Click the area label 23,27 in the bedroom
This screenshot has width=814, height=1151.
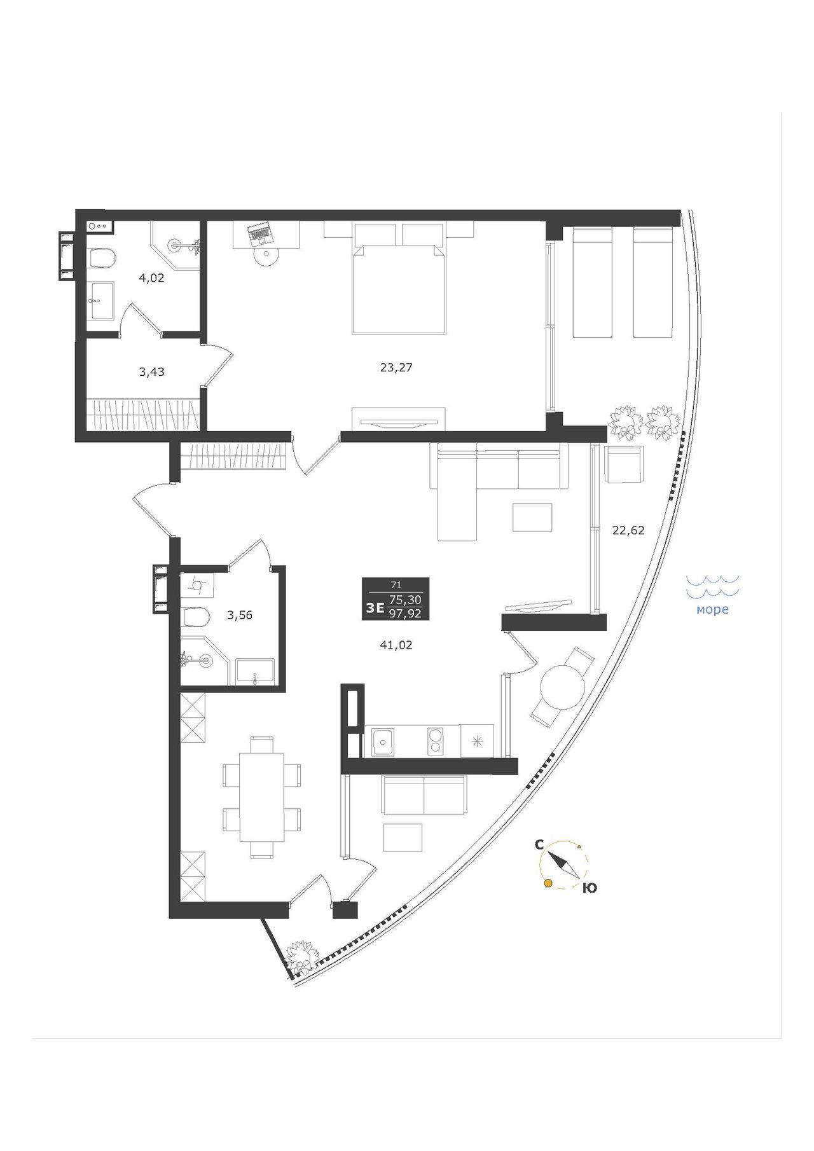[396, 368]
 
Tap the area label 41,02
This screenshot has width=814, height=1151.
[396, 645]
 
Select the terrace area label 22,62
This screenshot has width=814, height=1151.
[628, 530]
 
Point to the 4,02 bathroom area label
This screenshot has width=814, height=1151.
[152, 277]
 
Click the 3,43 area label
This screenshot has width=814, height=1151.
[151, 372]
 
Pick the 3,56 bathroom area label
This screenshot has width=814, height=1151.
[240, 615]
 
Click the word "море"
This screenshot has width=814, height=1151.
[712, 610]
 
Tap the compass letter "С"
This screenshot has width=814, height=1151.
[539, 844]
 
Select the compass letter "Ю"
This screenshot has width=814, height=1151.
[590, 888]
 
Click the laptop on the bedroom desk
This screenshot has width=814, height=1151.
[259, 234]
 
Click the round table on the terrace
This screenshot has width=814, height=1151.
[562, 687]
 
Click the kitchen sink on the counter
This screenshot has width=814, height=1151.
[383, 741]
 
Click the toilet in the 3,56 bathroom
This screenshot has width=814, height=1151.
[195, 616]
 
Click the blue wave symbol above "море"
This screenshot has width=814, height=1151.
[712, 586]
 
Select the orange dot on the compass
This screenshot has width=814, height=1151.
[547, 883]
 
